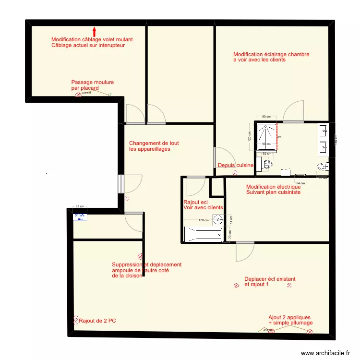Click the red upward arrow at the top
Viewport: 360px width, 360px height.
[94, 32]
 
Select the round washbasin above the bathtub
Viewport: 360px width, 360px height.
[218, 220]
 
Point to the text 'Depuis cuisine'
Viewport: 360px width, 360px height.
[235, 166]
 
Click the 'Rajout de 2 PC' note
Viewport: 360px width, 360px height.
[97, 321]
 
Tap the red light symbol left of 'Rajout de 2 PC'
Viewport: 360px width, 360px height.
[75, 319]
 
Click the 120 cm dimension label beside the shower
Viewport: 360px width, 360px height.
[249, 136]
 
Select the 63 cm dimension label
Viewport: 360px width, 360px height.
[80, 206]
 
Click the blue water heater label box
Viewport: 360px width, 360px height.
[80, 216]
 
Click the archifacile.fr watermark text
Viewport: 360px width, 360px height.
[326, 353]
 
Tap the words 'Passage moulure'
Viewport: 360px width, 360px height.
[93, 83]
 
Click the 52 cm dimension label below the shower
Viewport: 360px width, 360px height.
[267, 154]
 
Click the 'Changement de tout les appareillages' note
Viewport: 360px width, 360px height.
[154, 146]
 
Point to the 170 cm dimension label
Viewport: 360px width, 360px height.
[204, 221]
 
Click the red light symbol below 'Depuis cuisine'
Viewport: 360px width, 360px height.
[234, 173]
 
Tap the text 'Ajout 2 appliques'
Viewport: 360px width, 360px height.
[289, 317]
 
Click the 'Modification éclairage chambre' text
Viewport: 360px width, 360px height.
[271, 55]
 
